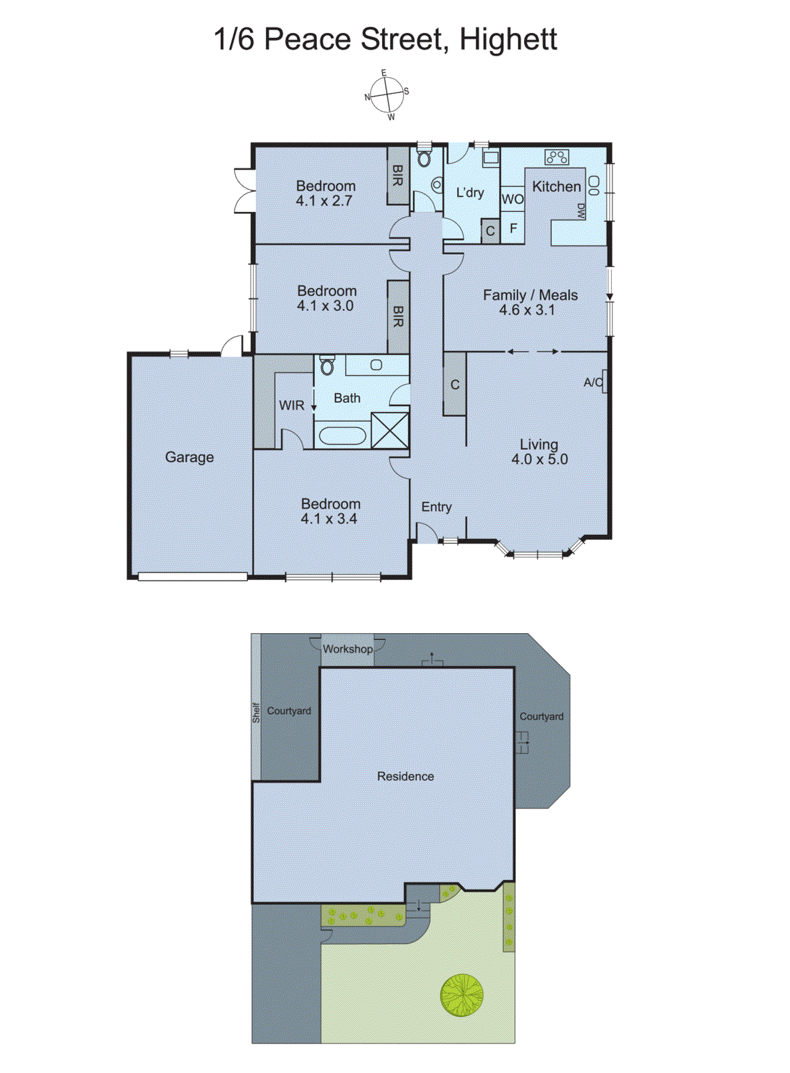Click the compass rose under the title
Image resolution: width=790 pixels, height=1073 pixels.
point(387,95)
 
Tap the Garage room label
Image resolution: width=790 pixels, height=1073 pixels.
point(190,457)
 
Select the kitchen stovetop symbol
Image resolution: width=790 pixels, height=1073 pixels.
point(557,158)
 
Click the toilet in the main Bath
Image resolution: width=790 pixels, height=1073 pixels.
point(327,365)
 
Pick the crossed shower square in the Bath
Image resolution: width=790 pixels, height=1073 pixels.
point(389,430)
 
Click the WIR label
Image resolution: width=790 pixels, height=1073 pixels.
point(291,405)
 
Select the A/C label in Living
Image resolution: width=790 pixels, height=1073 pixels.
point(592,382)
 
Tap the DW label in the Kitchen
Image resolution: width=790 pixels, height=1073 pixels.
point(581,211)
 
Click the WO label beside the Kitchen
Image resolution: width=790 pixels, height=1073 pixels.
point(512,199)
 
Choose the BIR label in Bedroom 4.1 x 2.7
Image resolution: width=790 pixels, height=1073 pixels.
point(397,176)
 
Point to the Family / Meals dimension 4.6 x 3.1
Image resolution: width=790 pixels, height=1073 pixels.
point(527,310)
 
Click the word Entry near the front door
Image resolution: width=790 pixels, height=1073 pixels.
point(436,507)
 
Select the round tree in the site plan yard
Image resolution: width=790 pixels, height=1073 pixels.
point(462,995)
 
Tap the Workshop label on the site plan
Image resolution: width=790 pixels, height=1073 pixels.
point(347,649)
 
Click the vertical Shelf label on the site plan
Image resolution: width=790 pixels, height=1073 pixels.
point(256,712)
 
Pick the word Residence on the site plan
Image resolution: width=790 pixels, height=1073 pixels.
point(405,776)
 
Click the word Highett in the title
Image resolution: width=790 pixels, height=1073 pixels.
point(508,39)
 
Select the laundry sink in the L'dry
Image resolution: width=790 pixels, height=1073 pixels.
point(491,158)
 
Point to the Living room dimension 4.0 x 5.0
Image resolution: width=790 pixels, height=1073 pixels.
point(539,459)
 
